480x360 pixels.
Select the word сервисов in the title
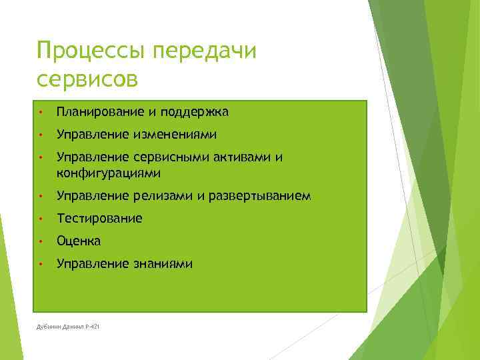pos(87,80)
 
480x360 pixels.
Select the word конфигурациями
pos(109,173)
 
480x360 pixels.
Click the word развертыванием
pos(259,196)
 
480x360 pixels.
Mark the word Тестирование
pos(99,219)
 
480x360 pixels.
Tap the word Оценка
pos(79,241)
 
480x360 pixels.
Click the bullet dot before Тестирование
pos(41,219)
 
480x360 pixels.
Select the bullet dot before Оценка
pos(41,241)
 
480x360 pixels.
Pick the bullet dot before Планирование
pos(41,112)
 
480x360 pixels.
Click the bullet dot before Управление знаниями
pos(41,264)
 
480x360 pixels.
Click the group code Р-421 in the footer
pos(91,326)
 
